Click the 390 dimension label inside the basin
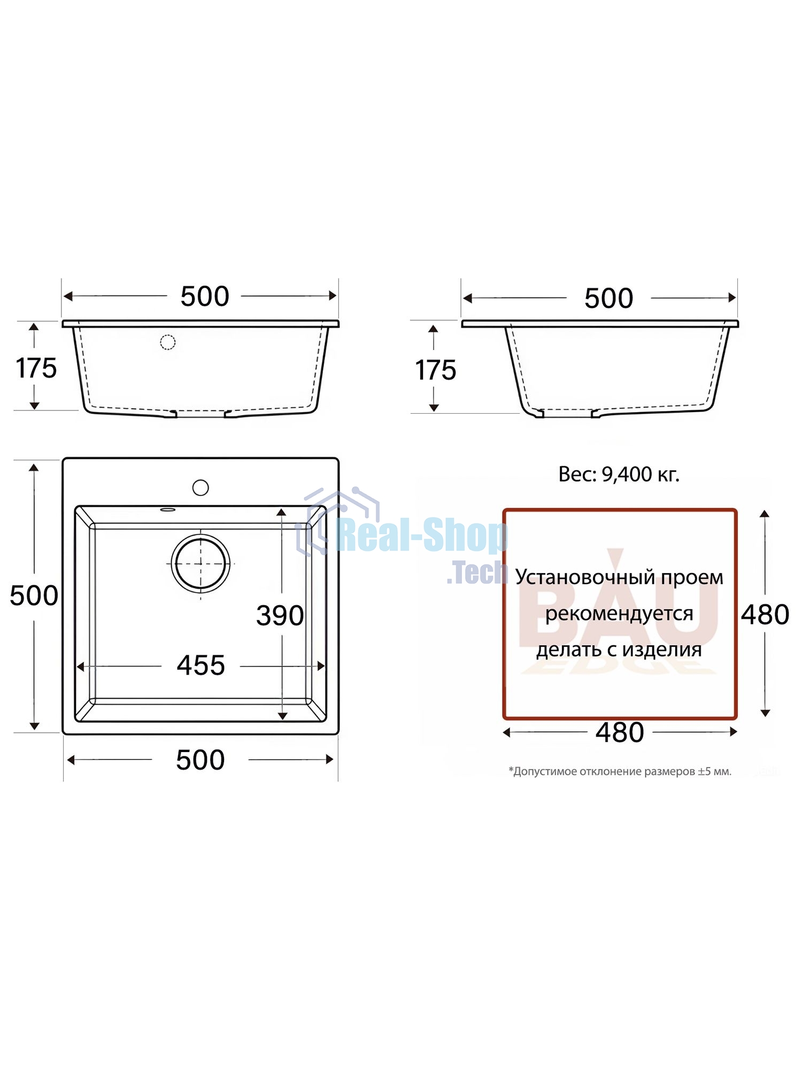(x=280, y=616)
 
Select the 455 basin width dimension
(x=201, y=666)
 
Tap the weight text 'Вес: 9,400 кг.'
(x=619, y=474)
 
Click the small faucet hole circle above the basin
(x=200, y=487)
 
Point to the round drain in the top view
(x=200, y=563)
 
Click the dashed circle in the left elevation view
(x=168, y=342)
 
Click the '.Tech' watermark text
(x=477, y=573)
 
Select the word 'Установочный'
(x=584, y=578)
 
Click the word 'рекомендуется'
(x=619, y=614)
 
